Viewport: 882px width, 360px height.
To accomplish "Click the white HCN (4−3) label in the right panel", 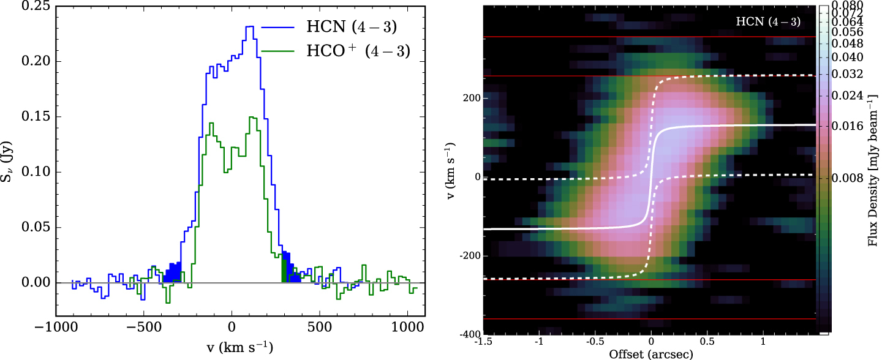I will [x=768, y=21].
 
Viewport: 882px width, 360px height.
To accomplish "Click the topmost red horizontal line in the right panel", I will [x=649, y=37].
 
